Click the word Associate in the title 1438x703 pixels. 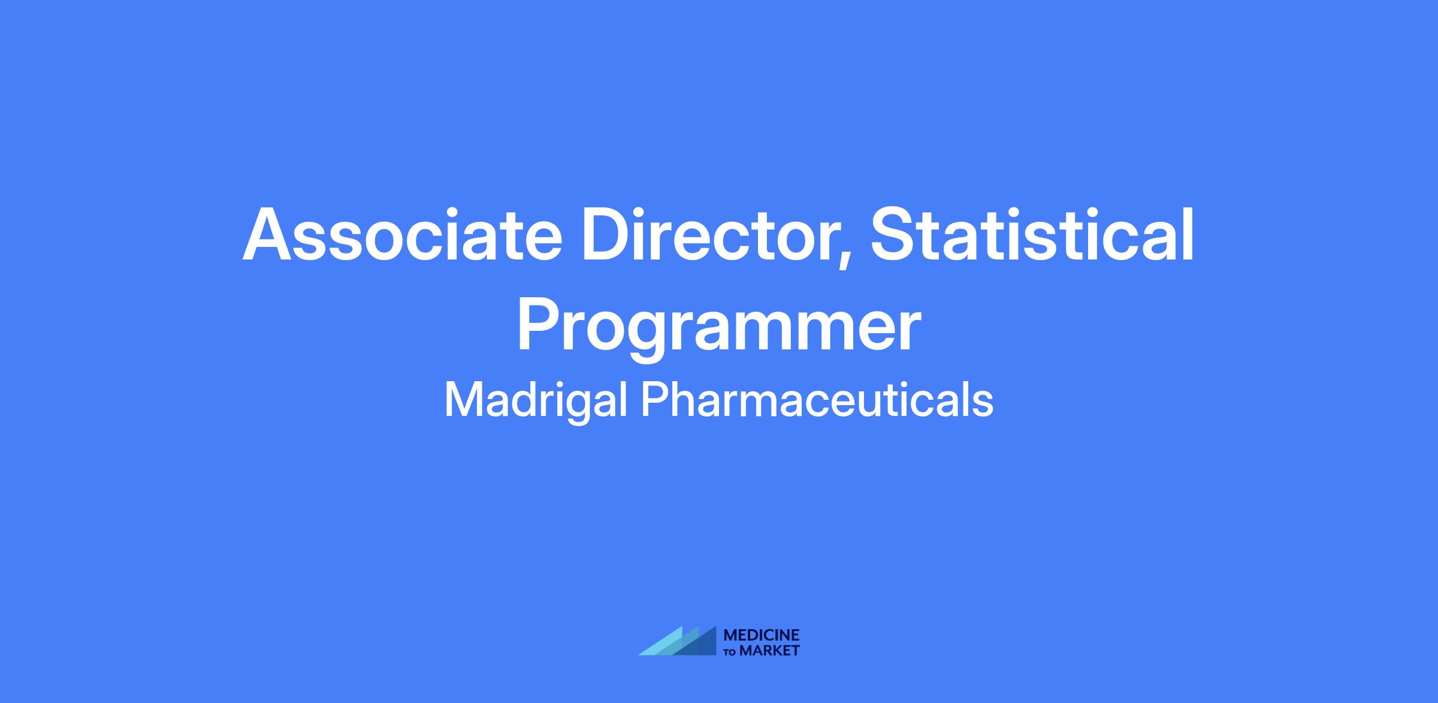click(x=402, y=234)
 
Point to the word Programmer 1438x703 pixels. click(x=718, y=328)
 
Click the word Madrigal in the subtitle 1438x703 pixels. click(x=536, y=400)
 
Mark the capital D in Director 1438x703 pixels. click(x=608, y=234)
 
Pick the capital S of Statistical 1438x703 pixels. click(x=894, y=234)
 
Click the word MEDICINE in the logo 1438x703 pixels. click(x=762, y=635)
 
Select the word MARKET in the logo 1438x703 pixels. click(x=769, y=651)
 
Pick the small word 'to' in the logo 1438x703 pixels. click(x=730, y=652)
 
